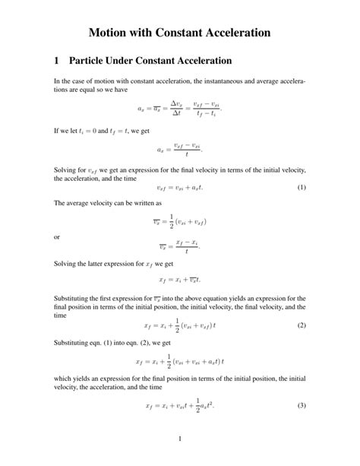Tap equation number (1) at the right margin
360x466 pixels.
pyautogui.click(x=302, y=187)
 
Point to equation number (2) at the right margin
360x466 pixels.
pyautogui.click(x=302, y=325)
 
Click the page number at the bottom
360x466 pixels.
pyautogui.click(x=179, y=439)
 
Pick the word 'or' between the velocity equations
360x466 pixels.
pyautogui.click(x=57, y=236)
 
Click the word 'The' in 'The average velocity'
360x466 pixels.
pyautogui.click(x=60, y=204)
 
